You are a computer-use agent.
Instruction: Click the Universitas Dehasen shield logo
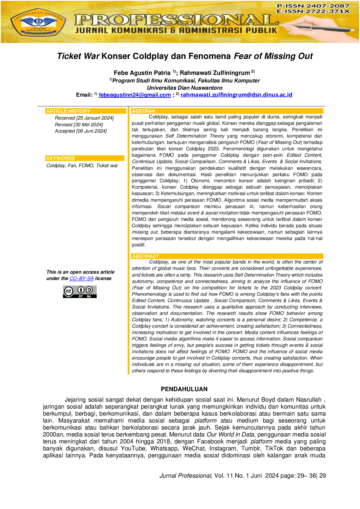pos(38,23)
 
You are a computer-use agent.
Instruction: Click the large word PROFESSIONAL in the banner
pos(176,20)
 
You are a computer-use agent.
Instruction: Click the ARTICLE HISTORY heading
pos(68,111)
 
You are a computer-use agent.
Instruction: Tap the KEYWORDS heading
pos(61,158)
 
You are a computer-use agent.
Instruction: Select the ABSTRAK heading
pos(144,111)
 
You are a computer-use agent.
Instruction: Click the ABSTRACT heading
pos(145,256)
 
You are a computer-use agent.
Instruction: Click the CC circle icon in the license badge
pos(69,291)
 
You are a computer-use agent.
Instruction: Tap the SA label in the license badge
pos(89,297)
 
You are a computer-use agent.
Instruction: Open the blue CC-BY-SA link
pos(82,279)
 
